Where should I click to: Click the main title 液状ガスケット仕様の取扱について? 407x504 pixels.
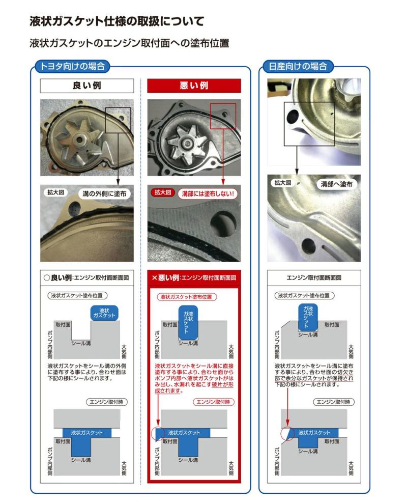point(117,21)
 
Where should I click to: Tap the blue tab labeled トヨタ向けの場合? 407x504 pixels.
point(70,66)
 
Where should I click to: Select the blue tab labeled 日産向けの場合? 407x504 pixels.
point(298,66)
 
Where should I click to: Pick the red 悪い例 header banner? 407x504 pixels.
point(194,86)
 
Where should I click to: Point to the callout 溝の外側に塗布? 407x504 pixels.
point(106,193)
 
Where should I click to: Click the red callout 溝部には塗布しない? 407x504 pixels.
point(208,193)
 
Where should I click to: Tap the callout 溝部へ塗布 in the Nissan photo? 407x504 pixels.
point(336,184)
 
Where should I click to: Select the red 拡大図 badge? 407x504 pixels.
point(163,193)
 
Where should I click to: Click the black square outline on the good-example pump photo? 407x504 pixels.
point(118,120)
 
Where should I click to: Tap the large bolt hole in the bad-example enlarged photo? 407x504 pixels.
point(223,222)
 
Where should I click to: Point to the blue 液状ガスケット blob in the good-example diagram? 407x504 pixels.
point(104,313)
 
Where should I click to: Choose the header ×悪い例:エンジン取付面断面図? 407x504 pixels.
point(194,278)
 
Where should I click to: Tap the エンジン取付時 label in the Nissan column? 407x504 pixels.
point(333,402)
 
